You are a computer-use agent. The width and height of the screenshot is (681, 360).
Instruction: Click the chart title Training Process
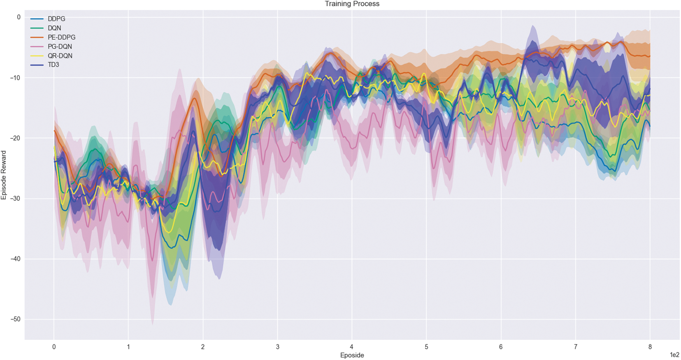pyautogui.click(x=352, y=4)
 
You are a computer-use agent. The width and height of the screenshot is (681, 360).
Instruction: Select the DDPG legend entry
pyautogui.click(x=56, y=19)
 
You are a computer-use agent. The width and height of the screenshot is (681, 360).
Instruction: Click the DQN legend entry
pyautogui.click(x=54, y=28)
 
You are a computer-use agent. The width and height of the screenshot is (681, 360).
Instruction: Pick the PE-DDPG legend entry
pyautogui.click(x=61, y=37)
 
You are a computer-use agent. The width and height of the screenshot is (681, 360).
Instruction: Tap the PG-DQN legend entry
pyautogui.click(x=60, y=46)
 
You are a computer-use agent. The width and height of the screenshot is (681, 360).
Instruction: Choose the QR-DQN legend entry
pyautogui.click(x=60, y=56)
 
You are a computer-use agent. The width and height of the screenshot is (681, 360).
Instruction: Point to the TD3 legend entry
pyautogui.click(x=53, y=65)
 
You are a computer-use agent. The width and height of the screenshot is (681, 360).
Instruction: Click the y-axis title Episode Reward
pyautogui.click(x=4, y=175)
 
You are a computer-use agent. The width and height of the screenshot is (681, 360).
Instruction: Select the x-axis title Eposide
pyautogui.click(x=352, y=355)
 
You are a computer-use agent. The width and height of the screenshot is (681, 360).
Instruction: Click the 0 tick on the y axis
pyautogui.click(x=19, y=17)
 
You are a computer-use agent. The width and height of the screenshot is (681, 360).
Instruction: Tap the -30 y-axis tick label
pyautogui.click(x=16, y=199)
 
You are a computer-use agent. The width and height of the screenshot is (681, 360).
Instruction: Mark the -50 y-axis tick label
pyautogui.click(x=16, y=319)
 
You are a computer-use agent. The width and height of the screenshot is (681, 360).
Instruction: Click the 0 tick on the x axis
pyautogui.click(x=54, y=347)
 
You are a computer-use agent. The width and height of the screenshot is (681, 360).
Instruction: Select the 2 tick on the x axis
pyautogui.click(x=203, y=347)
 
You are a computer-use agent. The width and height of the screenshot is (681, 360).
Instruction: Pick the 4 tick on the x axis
pyautogui.click(x=352, y=347)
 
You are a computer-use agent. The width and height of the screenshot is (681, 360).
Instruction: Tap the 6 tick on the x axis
pyautogui.click(x=501, y=347)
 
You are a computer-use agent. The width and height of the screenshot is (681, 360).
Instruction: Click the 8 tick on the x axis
pyautogui.click(x=650, y=347)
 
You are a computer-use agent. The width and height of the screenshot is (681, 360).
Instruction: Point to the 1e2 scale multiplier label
pyautogui.click(x=674, y=355)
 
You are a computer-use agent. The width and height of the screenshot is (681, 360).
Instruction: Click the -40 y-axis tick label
pyautogui.click(x=16, y=259)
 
